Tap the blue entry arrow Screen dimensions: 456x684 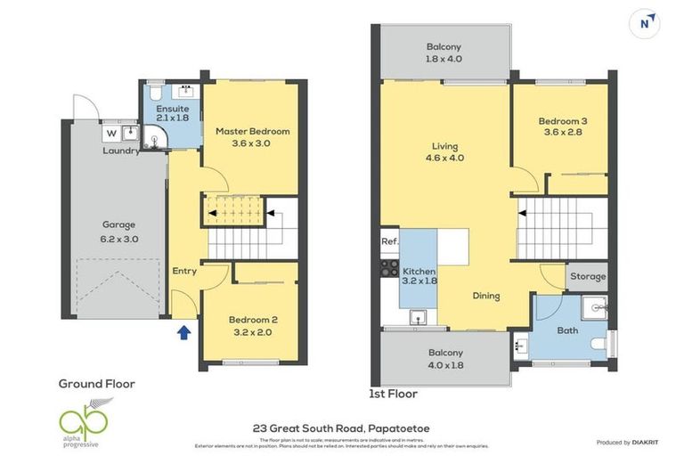point(184,333)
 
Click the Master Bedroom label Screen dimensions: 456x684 point(252,137)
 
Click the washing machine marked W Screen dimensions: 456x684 point(111,134)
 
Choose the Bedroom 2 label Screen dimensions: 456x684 point(253,326)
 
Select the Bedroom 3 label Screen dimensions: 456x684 point(562,127)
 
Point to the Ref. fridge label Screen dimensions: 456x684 point(389,241)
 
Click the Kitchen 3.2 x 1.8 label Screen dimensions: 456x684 point(418,276)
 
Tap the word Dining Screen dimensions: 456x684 point(486,296)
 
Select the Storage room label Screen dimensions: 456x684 point(588,276)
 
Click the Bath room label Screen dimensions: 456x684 point(567,330)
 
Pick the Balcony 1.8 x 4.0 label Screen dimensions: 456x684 point(444,53)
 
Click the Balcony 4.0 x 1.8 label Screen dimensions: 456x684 point(444,358)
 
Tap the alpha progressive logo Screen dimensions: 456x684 point(85,418)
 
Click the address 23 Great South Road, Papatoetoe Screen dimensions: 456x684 point(341,427)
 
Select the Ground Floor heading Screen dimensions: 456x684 point(96,384)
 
